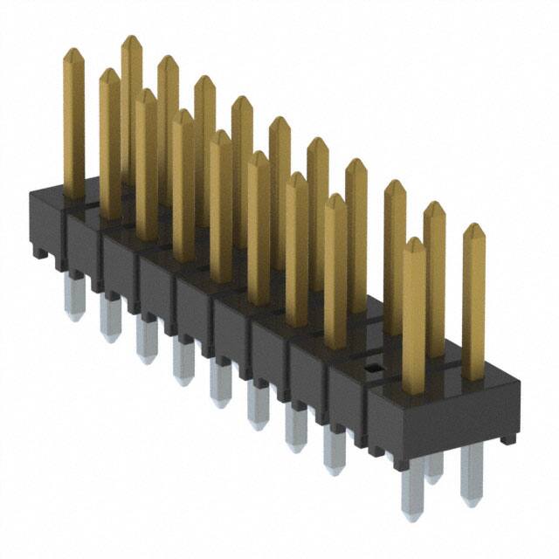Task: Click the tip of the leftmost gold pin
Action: (73, 52)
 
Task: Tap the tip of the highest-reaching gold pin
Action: (131, 39)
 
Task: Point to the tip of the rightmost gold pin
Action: (473, 226)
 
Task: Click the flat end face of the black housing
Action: (445, 419)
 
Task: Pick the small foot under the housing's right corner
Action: (507, 438)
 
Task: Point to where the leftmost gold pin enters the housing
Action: (74, 196)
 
